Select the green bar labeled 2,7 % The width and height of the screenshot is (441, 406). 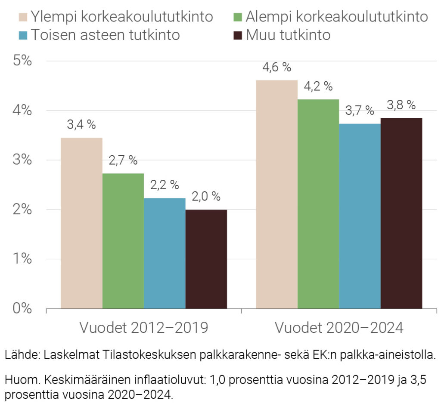123,241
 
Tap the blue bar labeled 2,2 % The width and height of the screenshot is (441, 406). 165,253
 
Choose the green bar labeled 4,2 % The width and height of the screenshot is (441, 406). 318,204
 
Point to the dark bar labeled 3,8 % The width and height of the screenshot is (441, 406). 401,213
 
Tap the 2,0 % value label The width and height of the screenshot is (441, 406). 206,197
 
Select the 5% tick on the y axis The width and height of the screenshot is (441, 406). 21,61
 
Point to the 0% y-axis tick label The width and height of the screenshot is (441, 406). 21,308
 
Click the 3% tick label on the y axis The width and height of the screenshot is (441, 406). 21,160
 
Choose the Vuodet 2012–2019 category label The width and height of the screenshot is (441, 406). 143,328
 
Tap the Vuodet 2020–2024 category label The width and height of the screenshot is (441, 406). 339,328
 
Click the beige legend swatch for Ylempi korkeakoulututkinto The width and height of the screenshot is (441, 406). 23,17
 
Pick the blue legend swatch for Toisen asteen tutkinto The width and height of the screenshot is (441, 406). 23,35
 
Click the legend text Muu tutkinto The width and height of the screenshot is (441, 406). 288,35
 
